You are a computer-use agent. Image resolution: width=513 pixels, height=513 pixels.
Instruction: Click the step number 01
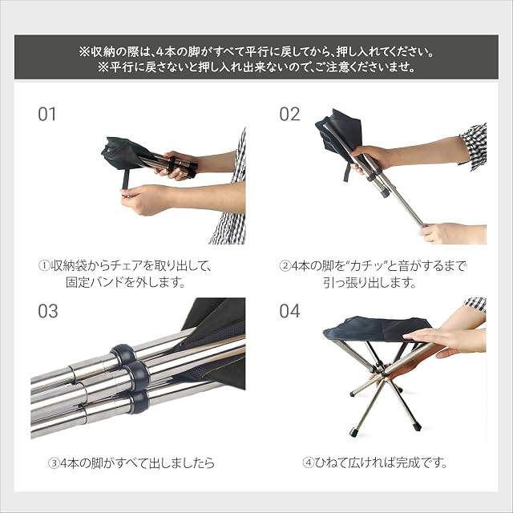coord(46,114)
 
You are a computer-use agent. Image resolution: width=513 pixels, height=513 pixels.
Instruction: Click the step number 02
coord(289,114)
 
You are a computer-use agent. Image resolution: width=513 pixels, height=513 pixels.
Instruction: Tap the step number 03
coord(48,311)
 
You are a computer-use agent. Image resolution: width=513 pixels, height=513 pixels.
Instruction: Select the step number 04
coord(289,311)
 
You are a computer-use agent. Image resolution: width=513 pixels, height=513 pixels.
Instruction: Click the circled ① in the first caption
coord(44,265)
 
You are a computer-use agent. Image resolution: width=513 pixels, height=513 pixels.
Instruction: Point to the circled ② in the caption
coord(285,265)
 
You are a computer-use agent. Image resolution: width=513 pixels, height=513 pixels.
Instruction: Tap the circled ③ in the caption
coord(54,463)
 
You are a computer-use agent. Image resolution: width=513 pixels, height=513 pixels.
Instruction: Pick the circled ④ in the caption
coord(308,463)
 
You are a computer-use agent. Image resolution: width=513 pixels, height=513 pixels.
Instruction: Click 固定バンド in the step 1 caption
coord(95,282)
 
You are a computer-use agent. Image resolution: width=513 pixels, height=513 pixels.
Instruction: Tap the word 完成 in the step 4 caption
coord(407,463)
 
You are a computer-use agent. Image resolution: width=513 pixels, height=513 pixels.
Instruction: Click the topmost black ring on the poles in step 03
coord(123,353)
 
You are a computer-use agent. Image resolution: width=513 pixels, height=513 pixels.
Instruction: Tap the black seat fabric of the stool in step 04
coord(376,329)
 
